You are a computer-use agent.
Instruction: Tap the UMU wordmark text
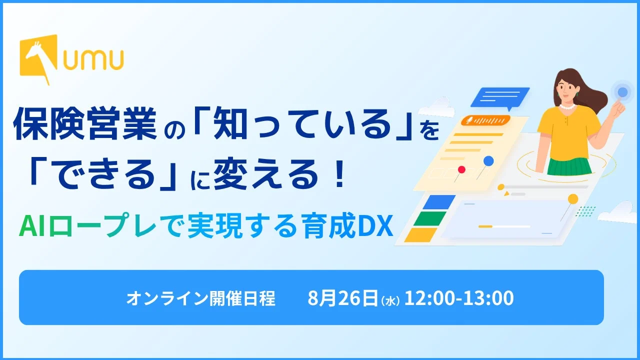click(x=93, y=59)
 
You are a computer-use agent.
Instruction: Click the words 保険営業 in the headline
click(x=85, y=123)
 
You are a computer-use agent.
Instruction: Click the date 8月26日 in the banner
click(x=342, y=297)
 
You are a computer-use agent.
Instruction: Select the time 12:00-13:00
click(x=459, y=297)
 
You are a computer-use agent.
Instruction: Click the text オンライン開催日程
click(x=200, y=298)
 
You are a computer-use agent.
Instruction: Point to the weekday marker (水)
click(x=390, y=301)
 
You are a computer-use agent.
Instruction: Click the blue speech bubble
click(x=500, y=98)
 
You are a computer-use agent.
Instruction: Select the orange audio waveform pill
click(x=485, y=120)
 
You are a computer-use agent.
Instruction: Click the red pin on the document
click(x=461, y=169)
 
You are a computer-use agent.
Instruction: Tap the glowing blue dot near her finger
click(x=622, y=92)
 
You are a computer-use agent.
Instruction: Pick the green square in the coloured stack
click(x=430, y=219)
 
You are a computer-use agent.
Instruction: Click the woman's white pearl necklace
click(x=567, y=107)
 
